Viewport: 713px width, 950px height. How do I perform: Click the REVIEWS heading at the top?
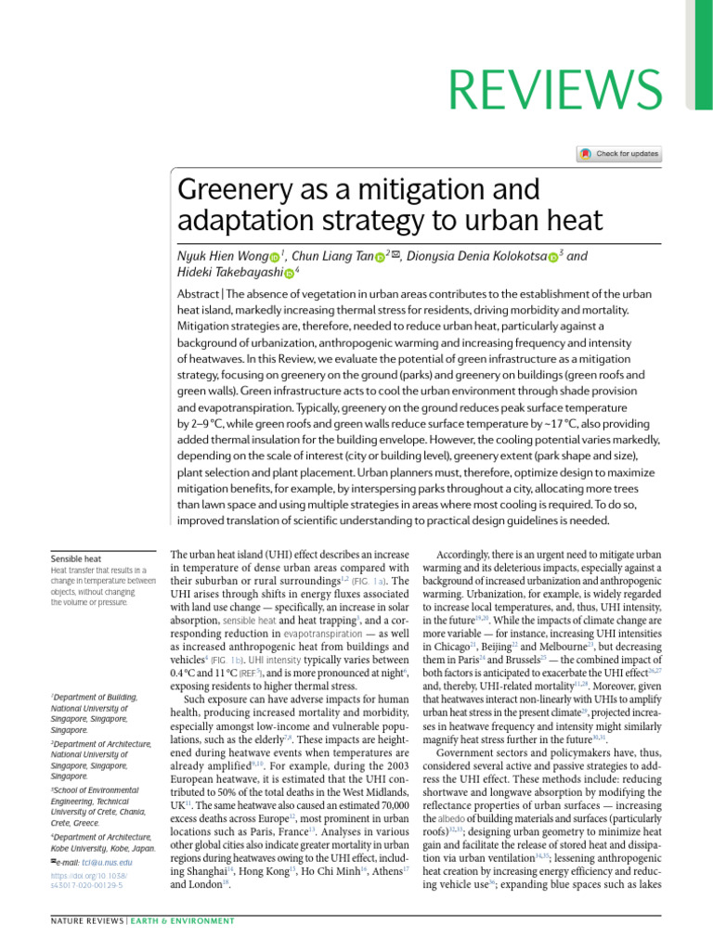pyautogui.click(x=551, y=89)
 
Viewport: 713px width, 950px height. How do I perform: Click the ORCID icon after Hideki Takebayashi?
pyautogui.click(x=288, y=273)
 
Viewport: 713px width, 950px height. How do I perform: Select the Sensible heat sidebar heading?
pyautogui.click(x=76, y=559)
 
